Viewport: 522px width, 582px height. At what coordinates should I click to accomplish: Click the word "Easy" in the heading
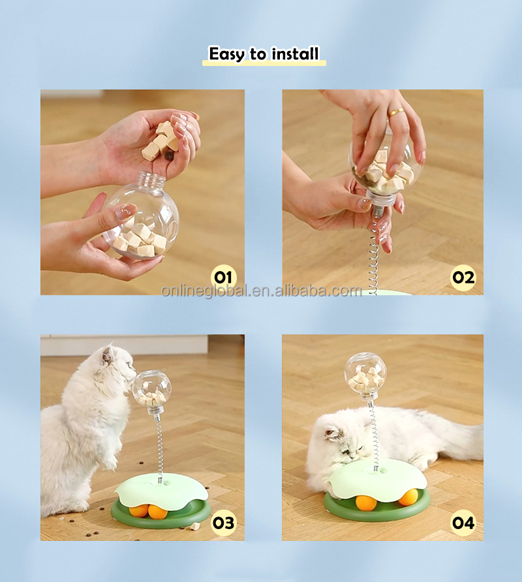pyautogui.click(x=226, y=54)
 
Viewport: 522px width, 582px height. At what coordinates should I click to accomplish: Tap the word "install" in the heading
pyautogui.click(x=295, y=54)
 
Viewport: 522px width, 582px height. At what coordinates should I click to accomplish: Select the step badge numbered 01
pyautogui.click(x=223, y=277)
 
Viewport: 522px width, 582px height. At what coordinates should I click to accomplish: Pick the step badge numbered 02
pyautogui.click(x=463, y=277)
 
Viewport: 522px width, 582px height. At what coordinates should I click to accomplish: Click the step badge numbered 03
pyautogui.click(x=223, y=523)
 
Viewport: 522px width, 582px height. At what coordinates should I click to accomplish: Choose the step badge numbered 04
pyautogui.click(x=463, y=523)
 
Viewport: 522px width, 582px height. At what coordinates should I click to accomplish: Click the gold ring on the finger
pyautogui.click(x=396, y=112)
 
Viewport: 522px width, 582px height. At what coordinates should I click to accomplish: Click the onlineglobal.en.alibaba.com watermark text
pyautogui.click(x=262, y=291)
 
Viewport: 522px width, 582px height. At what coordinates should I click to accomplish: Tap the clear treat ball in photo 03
pyautogui.click(x=151, y=392)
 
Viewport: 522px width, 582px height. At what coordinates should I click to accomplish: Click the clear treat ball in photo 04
pyautogui.click(x=365, y=375)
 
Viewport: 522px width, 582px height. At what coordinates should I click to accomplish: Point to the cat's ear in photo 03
pyautogui.click(x=108, y=355)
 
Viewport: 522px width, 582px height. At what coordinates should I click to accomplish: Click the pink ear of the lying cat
pyautogui.click(x=331, y=432)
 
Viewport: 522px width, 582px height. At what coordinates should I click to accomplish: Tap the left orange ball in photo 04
pyautogui.click(x=363, y=502)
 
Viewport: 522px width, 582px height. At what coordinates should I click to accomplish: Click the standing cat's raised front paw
pyautogui.click(x=110, y=461)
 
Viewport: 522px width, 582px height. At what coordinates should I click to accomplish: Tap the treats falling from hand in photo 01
pyautogui.click(x=160, y=140)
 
